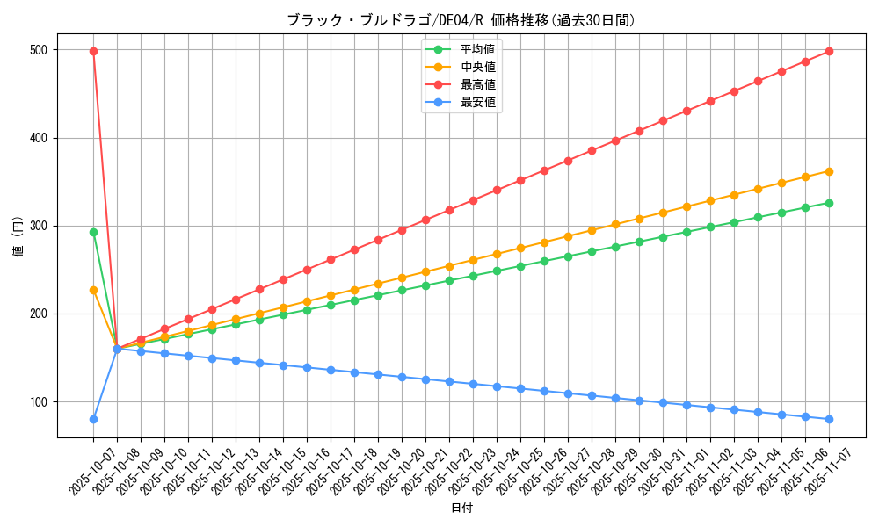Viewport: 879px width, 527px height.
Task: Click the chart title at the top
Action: [461, 20]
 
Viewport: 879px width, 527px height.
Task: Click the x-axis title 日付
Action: [461, 509]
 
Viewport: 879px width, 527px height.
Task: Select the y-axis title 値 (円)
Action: [18, 237]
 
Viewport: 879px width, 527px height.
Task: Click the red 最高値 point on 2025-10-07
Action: [93, 51]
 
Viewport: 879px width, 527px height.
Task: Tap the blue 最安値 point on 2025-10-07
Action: [93, 419]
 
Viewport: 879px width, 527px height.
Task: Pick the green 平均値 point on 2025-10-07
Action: [93, 232]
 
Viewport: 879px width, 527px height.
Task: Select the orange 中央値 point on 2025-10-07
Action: [93, 290]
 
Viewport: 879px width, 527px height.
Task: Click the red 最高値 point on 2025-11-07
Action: [829, 51]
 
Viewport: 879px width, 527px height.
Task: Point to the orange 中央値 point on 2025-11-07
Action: [829, 171]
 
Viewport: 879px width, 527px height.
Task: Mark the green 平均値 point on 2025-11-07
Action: [829, 203]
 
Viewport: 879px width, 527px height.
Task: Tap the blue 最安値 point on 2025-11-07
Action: [829, 419]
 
